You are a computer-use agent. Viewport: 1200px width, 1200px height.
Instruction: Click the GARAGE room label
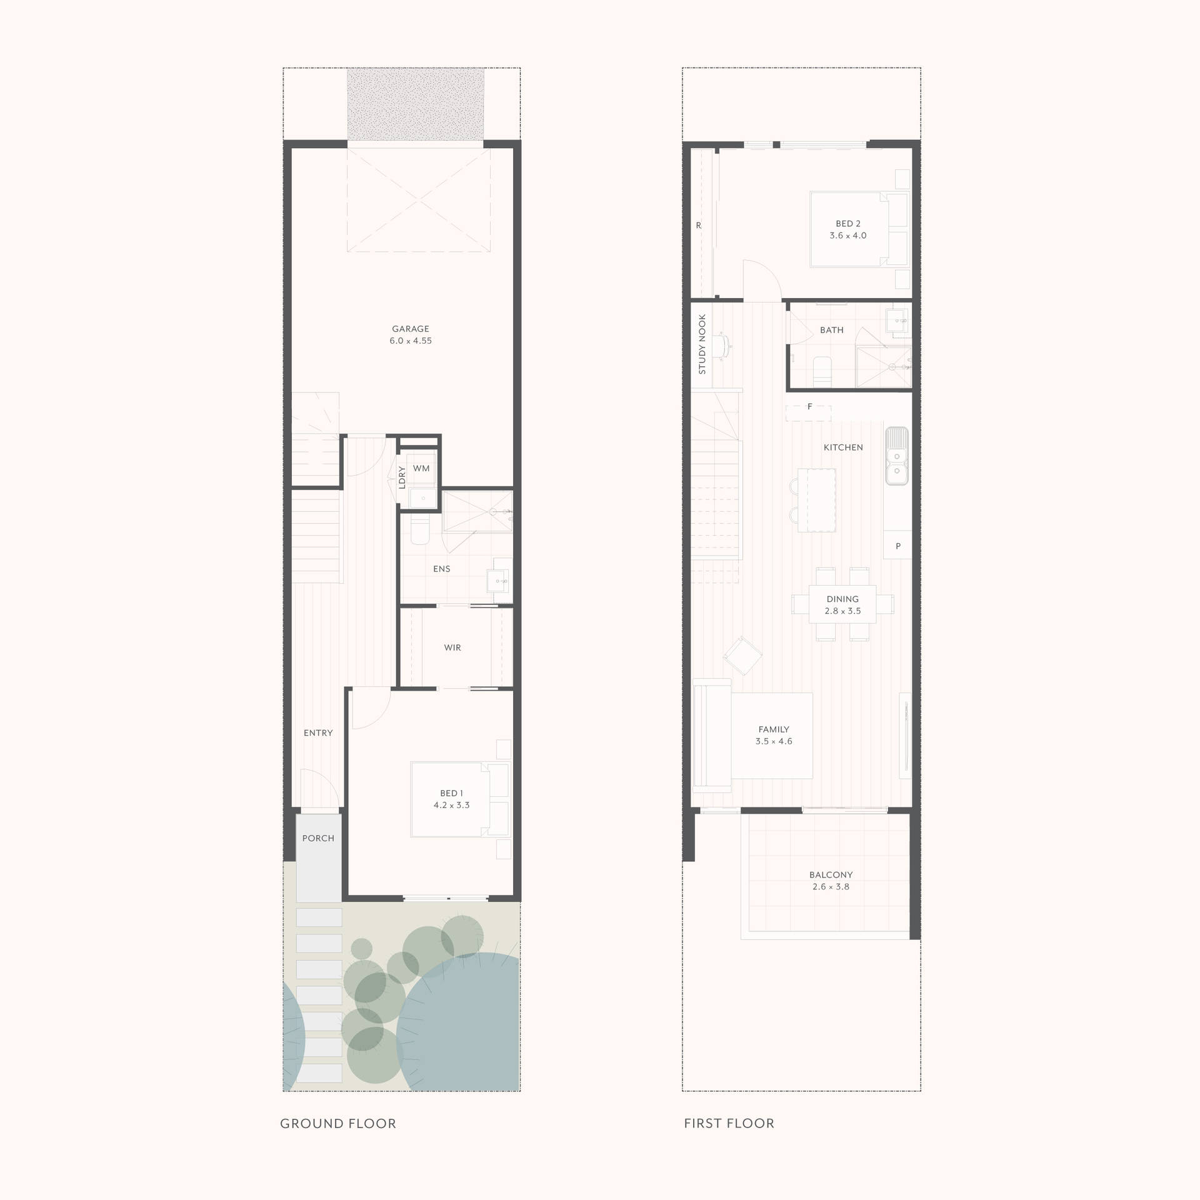click(x=411, y=329)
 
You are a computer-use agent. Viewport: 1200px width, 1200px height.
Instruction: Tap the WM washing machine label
click(x=421, y=468)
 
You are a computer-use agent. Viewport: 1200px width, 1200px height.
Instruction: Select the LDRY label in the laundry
click(x=402, y=477)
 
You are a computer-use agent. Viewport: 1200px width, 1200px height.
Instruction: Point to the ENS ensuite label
click(x=441, y=569)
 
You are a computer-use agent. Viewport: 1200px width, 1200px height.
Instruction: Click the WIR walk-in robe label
click(x=452, y=647)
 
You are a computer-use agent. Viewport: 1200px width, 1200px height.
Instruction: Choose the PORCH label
click(x=318, y=838)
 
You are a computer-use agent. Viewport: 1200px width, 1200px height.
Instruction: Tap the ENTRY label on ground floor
click(x=318, y=732)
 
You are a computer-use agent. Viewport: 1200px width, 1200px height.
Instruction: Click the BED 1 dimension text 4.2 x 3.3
click(x=451, y=805)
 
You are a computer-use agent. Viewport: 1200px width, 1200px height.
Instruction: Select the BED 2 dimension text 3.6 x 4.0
click(x=848, y=236)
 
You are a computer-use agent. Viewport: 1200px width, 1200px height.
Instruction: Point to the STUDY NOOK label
click(x=702, y=344)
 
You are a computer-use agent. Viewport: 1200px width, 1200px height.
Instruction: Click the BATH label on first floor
click(x=832, y=330)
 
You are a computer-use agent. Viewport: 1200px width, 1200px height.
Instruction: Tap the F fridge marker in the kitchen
click(x=810, y=407)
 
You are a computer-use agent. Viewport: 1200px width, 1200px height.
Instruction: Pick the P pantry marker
click(x=898, y=546)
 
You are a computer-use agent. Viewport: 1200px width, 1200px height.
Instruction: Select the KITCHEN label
click(x=843, y=447)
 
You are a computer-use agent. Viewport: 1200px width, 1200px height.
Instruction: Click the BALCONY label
click(x=831, y=875)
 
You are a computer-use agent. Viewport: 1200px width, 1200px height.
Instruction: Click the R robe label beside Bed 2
click(x=699, y=226)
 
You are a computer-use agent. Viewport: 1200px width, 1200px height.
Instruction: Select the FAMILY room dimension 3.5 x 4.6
click(x=774, y=741)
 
